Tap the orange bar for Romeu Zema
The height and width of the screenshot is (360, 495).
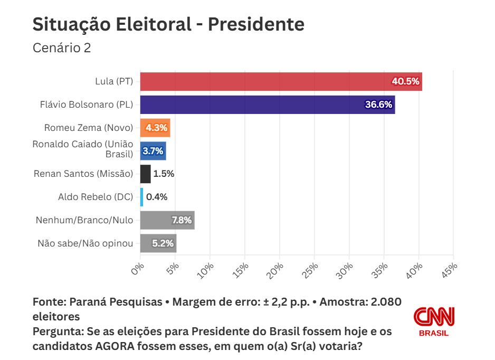pyautogui.click(x=155, y=128)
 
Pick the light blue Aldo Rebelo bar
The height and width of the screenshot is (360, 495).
pyautogui.click(x=141, y=197)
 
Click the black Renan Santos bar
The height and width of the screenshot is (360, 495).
pyautogui.click(x=145, y=174)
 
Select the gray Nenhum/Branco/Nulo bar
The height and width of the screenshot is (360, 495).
pyautogui.click(x=167, y=220)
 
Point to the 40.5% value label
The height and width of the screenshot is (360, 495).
pyautogui.click(x=405, y=81)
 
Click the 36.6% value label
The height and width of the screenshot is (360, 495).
pyautogui.click(x=378, y=105)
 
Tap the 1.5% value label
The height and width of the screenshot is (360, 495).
pyautogui.click(x=164, y=174)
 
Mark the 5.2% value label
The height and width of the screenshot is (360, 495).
pyautogui.click(x=163, y=243)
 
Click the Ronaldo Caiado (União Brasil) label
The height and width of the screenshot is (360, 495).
pyautogui.click(x=83, y=149)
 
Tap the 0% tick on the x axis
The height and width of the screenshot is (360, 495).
pyautogui.click(x=138, y=269)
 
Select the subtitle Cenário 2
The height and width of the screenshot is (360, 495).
pyautogui.click(x=62, y=48)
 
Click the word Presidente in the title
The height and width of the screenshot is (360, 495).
pyautogui.click(x=256, y=24)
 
